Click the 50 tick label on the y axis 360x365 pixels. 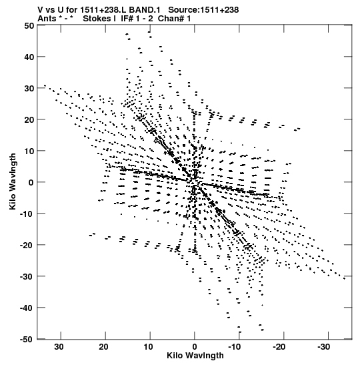(x=29, y=25)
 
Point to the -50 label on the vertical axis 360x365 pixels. (x=27, y=340)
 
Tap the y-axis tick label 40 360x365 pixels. (x=29, y=57)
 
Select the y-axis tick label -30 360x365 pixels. (x=27, y=276)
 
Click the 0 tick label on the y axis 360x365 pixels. (x=31, y=182)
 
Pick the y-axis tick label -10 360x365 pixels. (x=27, y=214)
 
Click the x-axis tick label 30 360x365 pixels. (x=59, y=347)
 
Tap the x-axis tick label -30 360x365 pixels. (x=323, y=347)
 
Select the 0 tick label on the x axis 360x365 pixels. (x=195, y=347)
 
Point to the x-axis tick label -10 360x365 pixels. (x=234, y=347)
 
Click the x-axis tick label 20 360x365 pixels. (x=103, y=347)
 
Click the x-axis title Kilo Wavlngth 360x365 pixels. (x=195, y=356)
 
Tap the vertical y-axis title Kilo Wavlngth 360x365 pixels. (x=13, y=181)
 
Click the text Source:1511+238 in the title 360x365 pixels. (x=203, y=10)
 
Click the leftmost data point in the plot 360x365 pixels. (x=45, y=85)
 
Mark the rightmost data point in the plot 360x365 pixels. (x=344, y=278)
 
